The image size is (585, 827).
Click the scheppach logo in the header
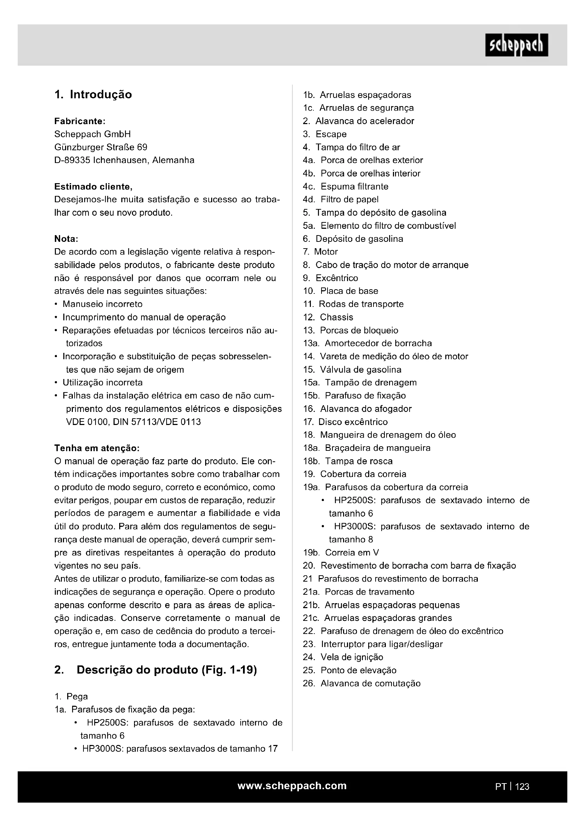tap(516, 45)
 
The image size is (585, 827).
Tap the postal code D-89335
tap(72, 160)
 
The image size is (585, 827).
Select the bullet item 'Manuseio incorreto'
tap(102, 304)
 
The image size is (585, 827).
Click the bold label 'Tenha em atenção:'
tap(97, 448)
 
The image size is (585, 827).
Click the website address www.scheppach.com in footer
tap(292, 786)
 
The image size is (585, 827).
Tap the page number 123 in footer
tap(522, 786)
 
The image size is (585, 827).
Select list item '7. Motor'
tap(320, 252)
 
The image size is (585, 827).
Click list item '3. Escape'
tap(325, 134)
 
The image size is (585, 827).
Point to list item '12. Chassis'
tap(328, 317)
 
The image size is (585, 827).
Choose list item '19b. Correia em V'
tap(341, 553)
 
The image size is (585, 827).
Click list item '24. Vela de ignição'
tap(343, 657)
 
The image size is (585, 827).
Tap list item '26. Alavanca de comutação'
tap(362, 683)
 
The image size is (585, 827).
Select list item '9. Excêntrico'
tap(330, 278)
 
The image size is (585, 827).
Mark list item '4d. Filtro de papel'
tap(340, 199)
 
